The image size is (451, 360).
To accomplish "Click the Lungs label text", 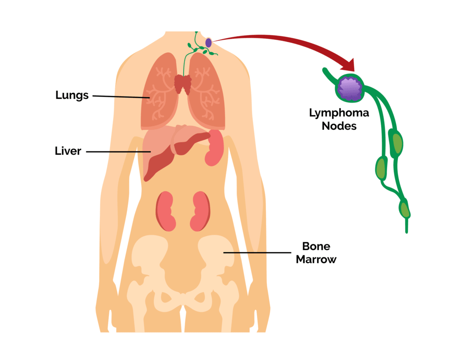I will tap(72, 95).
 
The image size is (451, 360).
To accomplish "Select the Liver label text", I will tap(68, 151).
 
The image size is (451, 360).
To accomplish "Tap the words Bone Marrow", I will tap(316, 253).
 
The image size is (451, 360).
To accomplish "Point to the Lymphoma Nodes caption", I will tap(339, 119).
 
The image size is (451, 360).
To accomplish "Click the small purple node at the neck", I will tap(208, 43).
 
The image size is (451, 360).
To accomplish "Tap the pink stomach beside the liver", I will tap(214, 147).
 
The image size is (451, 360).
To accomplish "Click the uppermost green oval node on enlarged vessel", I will tap(397, 142).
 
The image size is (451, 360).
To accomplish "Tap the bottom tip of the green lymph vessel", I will tap(406, 230).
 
